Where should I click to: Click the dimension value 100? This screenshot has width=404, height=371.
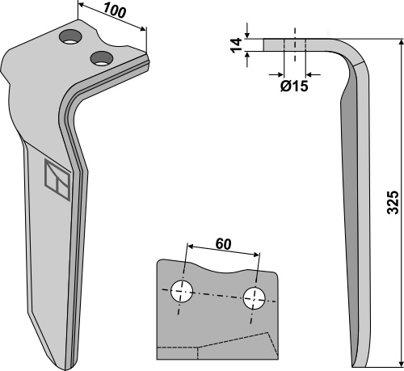tap(115, 11)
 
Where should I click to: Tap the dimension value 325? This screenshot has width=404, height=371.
tap(393, 203)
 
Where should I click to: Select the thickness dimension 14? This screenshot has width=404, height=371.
tap(237, 45)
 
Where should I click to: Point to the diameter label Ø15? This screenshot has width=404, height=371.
tap(294, 86)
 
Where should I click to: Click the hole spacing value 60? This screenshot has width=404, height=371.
tap(223, 244)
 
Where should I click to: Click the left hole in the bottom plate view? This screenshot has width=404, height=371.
tap(182, 291)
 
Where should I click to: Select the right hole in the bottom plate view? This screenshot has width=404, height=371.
tap(254, 298)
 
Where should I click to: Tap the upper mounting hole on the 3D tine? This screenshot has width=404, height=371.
tap(70, 36)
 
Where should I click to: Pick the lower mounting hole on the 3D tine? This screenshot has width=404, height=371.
tap(101, 58)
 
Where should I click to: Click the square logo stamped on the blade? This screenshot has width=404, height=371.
tap(57, 179)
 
